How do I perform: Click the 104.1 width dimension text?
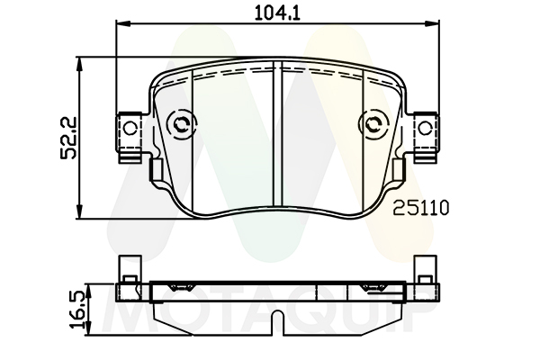(277, 13)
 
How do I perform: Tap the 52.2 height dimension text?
(68, 138)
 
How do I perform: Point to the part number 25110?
(421, 208)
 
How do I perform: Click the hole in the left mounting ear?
(130, 129)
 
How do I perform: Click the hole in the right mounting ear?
(425, 129)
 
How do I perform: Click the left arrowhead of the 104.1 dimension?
(123, 23)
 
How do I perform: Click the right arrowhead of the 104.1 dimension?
(432, 23)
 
